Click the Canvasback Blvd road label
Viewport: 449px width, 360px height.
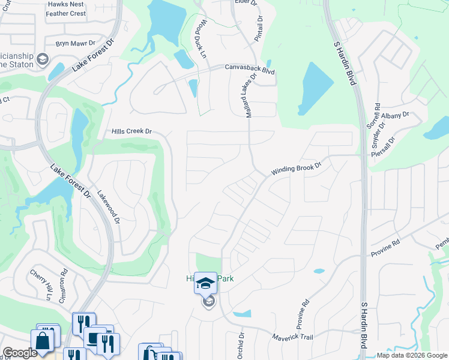(x=250, y=70)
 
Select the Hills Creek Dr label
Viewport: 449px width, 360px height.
(x=132, y=131)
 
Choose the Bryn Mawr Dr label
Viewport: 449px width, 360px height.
(x=76, y=43)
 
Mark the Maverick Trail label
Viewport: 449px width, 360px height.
(x=292, y=337)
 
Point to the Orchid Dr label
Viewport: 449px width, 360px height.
(x=242, y=345)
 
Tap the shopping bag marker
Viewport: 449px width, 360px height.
(x=44, y=341)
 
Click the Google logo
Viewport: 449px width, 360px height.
(x=20, y=353)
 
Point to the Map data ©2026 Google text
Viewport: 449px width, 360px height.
(x=412, y=355)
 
